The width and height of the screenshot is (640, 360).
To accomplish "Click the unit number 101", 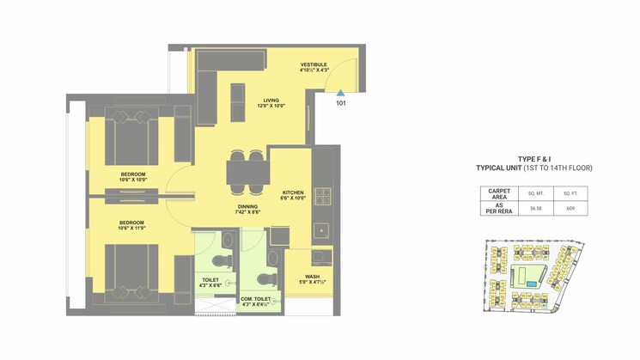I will coord(340,103).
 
